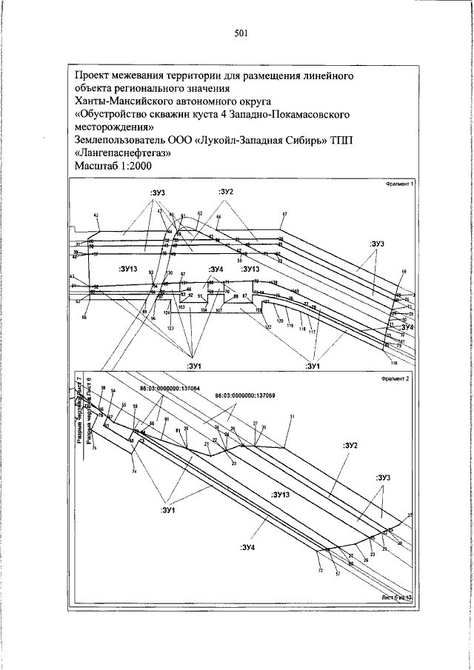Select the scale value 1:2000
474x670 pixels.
point(138,167)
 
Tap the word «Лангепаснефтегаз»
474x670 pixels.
point(123,154)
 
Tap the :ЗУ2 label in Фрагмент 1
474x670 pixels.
point(226,192)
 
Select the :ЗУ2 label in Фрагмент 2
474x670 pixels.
point(350,446)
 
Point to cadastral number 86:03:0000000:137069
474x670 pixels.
point(245,395)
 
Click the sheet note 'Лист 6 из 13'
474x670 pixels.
point(395,596)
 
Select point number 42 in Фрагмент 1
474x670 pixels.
point(96,215)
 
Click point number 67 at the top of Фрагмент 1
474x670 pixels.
point(284,215)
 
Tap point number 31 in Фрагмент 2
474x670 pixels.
point(293,418)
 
